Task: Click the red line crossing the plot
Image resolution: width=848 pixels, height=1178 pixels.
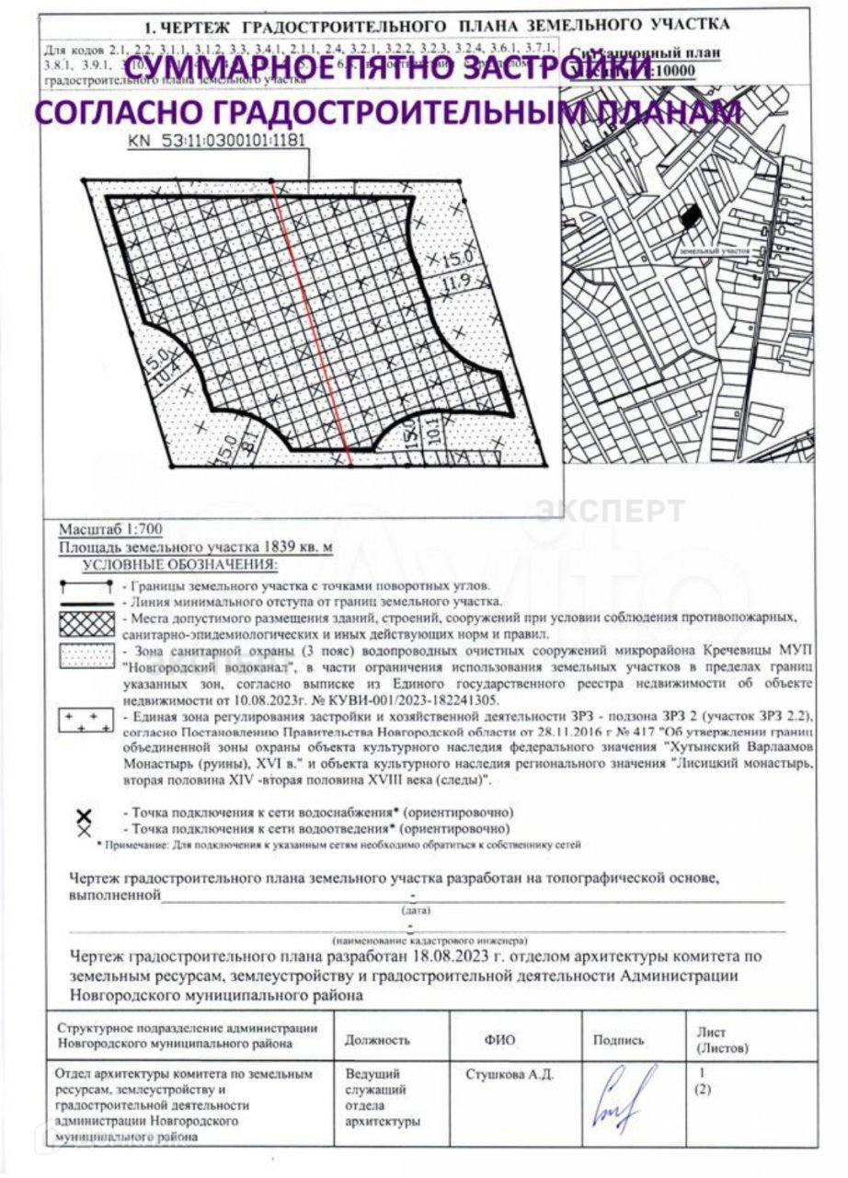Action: pos(313,313)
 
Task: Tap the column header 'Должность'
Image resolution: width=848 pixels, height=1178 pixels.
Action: pos(377,1040)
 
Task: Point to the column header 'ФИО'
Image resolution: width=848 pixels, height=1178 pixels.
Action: pos(499,1040)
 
